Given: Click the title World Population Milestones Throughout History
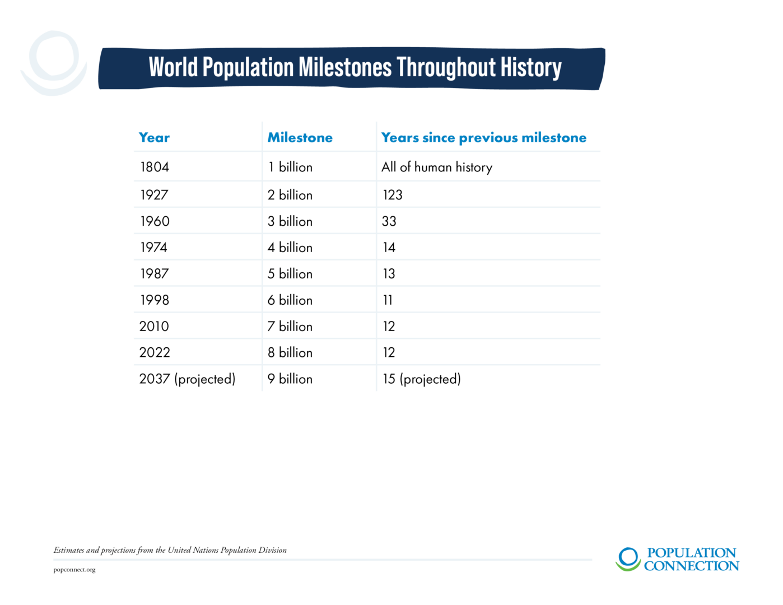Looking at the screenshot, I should (355, 67).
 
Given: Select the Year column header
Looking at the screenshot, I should (154, 138).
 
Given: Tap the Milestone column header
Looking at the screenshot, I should (300, 138).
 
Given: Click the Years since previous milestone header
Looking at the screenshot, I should (483, 138).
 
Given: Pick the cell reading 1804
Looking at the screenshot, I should (155, 167).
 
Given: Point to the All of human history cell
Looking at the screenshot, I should (437, 167).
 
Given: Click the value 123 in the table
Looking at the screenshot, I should (392, 195).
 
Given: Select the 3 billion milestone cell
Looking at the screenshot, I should (290, 221).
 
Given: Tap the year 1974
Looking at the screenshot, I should (154, 248).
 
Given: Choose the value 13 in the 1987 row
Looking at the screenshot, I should (389, 274).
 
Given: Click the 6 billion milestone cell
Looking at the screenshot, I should (290, 300).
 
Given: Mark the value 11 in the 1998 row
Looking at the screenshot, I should (388, 300).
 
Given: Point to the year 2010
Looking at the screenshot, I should (154, 327).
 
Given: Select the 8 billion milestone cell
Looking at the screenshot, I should (290, 353).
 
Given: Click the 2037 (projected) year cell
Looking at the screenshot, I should (187, 379).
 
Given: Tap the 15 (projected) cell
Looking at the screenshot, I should (422, 379).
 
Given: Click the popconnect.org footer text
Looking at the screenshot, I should (74, 570).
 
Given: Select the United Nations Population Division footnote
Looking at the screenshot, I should (170, 550).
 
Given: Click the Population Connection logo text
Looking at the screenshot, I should (691, 559).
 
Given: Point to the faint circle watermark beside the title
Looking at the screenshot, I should (54, 63).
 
